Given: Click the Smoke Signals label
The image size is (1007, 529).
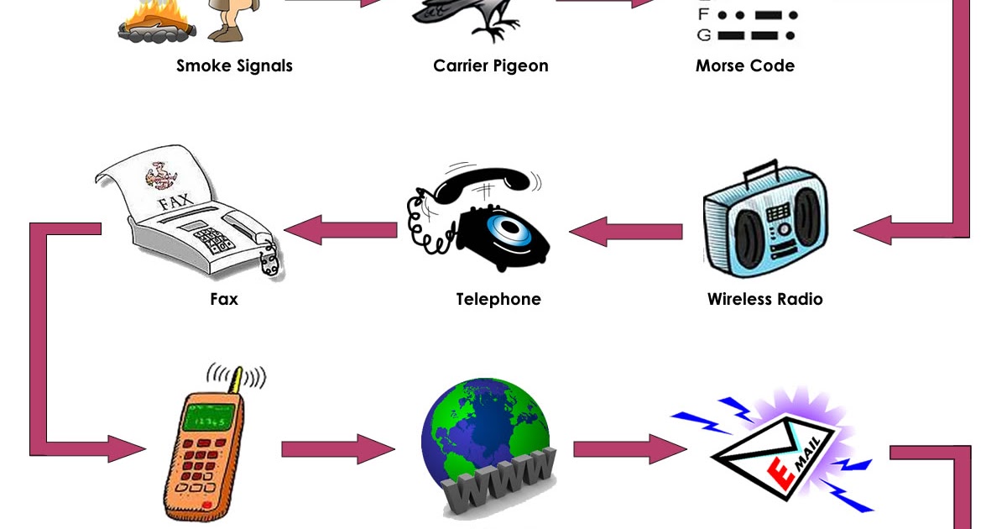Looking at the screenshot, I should click(234, 65).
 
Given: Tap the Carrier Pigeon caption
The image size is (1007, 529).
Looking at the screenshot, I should click(490, 65).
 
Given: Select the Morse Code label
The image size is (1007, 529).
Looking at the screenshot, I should click(744, 65).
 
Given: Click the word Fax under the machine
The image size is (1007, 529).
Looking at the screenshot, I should click(224, 299).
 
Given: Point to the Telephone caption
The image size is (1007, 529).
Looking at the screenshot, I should click(498, 299).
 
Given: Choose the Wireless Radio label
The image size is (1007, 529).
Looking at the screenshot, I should click(764, 299).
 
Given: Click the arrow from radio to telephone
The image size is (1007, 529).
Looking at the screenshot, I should click(625, 230).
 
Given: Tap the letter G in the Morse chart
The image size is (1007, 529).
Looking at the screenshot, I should click(703, 35).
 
